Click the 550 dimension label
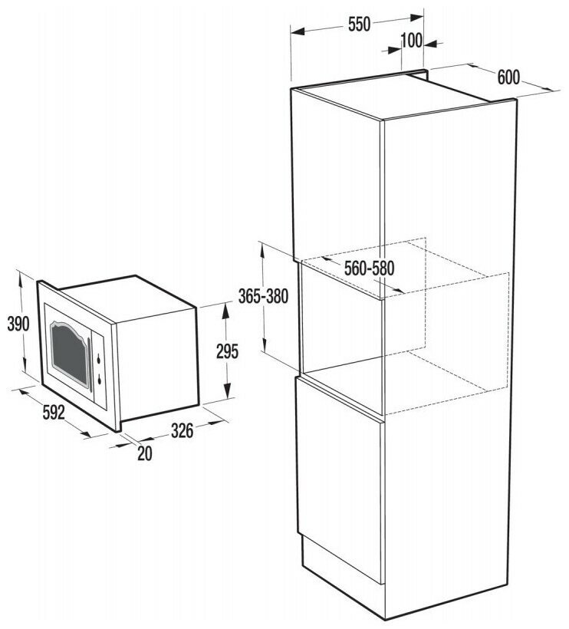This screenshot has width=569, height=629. [x=358, y=24]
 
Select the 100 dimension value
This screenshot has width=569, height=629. [x=412, y=41]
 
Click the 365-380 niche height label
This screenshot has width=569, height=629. [x=263, y=298]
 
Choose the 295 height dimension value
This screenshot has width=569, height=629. [x=227, y=351]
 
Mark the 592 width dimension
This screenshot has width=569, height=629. [x=52, y=414]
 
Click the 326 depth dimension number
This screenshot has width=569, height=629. [x=181, y=431]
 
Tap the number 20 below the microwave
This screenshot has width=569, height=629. [x=144, y=454]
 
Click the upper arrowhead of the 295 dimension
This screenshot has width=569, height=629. [x=227, y=308]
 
